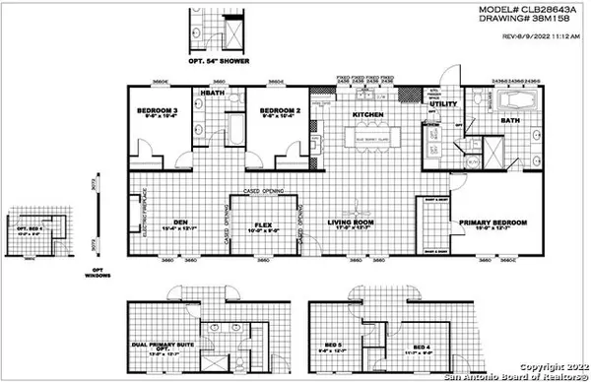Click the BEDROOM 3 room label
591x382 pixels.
click(156, 110)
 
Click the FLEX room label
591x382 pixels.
click(263, 222)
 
